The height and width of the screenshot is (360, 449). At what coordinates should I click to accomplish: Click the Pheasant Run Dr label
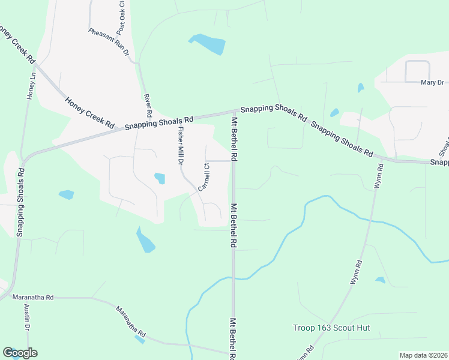(x=109, y=42)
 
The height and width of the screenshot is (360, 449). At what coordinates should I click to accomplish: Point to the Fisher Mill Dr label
(x=179, y=146)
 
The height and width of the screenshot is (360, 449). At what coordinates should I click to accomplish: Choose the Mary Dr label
(x=432, y=83)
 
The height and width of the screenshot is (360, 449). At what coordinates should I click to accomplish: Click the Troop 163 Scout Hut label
(x=331, y=328)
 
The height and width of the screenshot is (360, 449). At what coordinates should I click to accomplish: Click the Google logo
(x=20, y=353)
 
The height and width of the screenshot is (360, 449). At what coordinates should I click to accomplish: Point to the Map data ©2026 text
(x=423, y=355)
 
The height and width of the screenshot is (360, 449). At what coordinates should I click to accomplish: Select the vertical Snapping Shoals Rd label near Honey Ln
(x=20, y=201)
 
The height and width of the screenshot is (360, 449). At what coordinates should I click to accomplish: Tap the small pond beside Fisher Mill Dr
(x=160, y=178)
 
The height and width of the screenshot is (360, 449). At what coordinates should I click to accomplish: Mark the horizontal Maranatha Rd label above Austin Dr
(x=33, y=297)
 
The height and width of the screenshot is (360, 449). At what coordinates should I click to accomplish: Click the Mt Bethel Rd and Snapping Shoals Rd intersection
(x=234, y=112)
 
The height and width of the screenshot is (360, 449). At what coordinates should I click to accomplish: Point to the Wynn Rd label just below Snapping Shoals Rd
(x=378, y=177)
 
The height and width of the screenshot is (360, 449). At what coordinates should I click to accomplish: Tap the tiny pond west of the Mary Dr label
(x=360, y=88)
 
